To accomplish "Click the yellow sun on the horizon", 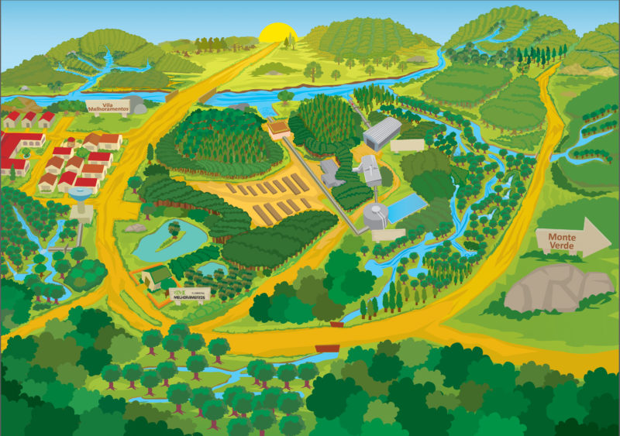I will click(278, 33).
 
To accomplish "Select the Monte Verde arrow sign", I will click(573, 238).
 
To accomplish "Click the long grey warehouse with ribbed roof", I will click(382, 132).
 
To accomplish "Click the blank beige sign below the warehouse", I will click(407, 146).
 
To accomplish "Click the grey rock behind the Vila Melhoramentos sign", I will click(138, 105).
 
